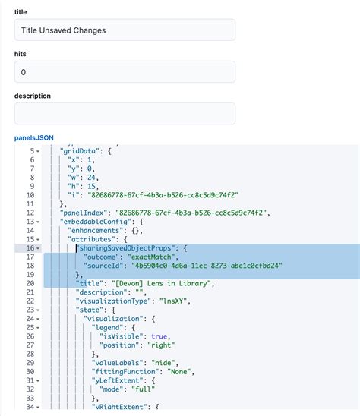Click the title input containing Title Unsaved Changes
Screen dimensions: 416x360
pos(125,30)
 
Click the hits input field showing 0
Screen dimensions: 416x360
pos(125,71)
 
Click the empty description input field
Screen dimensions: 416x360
pos(125,113)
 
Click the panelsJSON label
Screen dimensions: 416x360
pos(34,137)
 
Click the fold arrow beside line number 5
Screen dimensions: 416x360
pos(39,150)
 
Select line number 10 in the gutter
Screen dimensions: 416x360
pos(30,194)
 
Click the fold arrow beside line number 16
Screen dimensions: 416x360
pos(39,247)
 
